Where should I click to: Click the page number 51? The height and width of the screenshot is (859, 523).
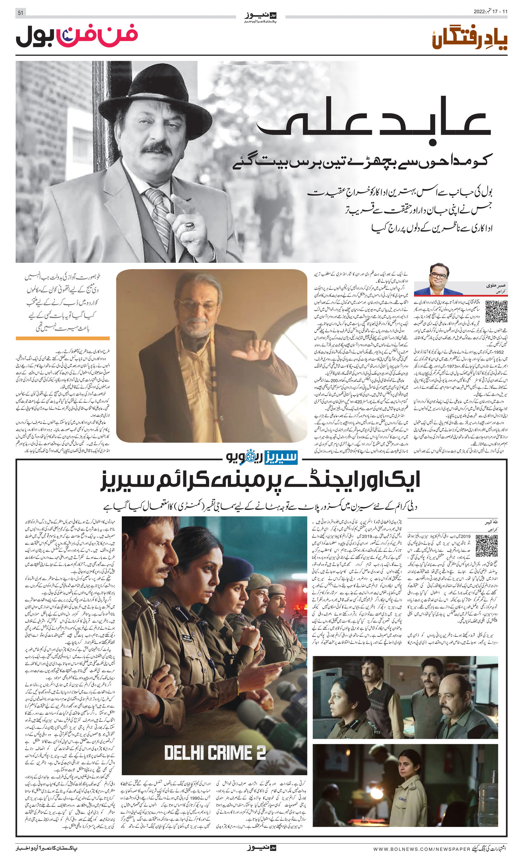(20, 13)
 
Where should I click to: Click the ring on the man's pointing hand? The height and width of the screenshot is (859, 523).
(189, 226)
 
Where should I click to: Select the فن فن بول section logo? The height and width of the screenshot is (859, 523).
(77, 36)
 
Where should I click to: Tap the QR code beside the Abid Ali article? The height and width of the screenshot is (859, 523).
(496, 311)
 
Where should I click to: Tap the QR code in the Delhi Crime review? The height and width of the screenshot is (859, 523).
(486, 545)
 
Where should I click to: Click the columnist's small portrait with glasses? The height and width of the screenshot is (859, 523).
(438, 279)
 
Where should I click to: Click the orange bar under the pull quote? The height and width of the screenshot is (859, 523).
(63, 338)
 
